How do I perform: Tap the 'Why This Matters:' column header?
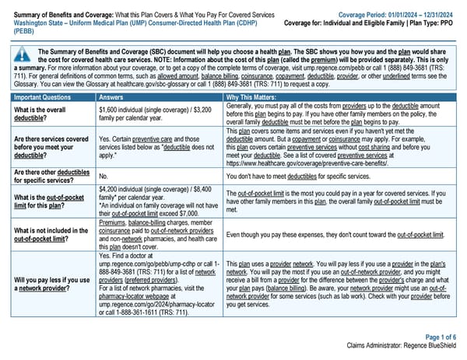[252, 97]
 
